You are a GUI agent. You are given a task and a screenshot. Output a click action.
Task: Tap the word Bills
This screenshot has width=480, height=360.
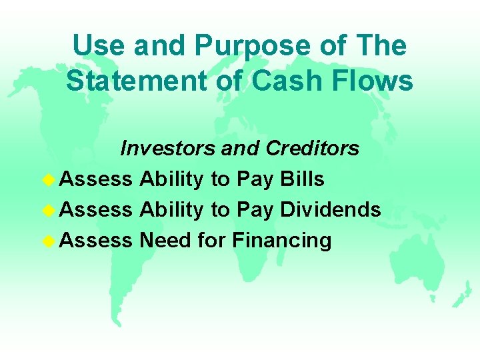pyautogui.click(x=303, y=179)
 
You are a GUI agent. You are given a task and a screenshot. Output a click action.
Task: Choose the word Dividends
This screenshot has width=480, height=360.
pyautogui.click(x=331, y=209)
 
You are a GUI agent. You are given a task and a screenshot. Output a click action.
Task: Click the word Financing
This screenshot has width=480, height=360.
pyautogui.click(x=281, y=239)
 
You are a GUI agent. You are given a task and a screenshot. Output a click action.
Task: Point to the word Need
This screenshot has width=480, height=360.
pyautogui.click(x=166, y=239)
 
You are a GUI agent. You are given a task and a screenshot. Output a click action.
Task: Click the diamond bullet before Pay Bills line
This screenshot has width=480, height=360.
pyautogui.click(x=49, y=179)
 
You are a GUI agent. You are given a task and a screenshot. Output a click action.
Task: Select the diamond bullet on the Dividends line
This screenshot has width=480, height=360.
pyautogui.click(x=49, y=209)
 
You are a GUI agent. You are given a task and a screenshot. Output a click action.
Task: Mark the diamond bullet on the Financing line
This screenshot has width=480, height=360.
pyautogui.click(x=49, y=239)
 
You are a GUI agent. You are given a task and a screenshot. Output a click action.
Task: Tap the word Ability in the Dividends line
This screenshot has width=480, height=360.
pyautogui.click(x=172, y=209)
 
